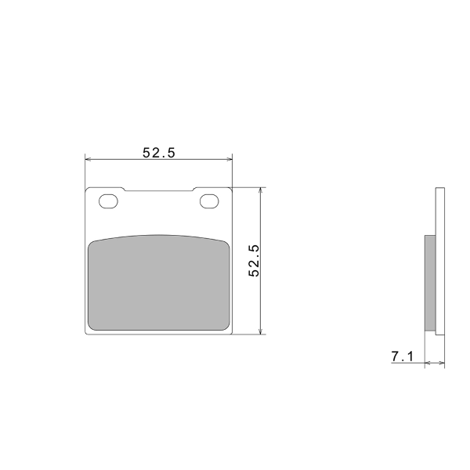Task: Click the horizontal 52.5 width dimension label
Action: [x=158, y=153]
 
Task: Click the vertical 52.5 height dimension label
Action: [x=254, y=261]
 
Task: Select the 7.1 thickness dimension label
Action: [x=402, y=356]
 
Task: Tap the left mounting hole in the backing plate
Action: [x=108, y=201]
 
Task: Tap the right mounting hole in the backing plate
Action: [x=209, y=201]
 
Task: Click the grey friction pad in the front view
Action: [x=159, y=284]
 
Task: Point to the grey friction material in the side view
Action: [x=430, y=283]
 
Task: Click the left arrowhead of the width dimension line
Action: [x=88, y=159]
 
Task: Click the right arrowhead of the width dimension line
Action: [x=230, y=159]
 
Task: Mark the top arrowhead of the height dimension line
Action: [x=262, y=190]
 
